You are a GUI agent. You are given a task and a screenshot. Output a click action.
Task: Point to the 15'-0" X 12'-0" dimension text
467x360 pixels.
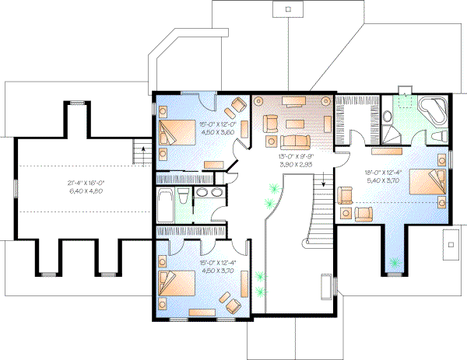click(x=197, y=128)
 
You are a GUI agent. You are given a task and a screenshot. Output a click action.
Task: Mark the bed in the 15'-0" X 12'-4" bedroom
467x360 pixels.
click(x=177, y=285)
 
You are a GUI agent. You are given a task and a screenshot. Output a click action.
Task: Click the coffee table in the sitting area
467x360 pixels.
click(x=294, y=124)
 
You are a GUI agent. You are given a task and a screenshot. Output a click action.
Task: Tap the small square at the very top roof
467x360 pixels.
click(x=289, y=9)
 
